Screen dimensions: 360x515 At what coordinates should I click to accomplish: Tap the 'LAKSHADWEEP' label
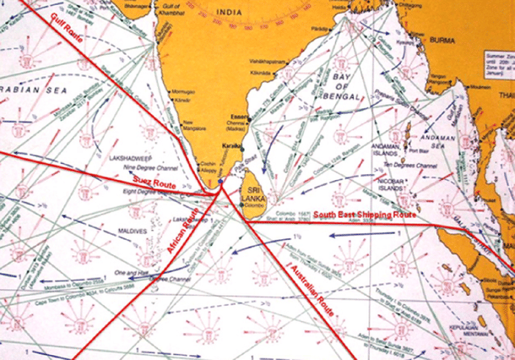(128, 157)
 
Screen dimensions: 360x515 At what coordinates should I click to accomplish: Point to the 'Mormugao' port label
(183, 90)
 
